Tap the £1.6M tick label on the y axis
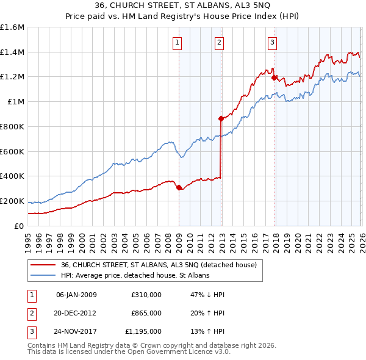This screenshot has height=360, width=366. tap(12, 27)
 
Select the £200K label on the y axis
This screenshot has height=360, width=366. tap(12, 201)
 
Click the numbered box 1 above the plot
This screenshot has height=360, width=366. tap(178, 42)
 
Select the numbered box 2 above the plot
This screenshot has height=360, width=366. tap(219, 42)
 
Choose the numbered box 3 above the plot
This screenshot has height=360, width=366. tap(271, 42)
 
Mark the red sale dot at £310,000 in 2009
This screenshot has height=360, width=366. tap(179, 188)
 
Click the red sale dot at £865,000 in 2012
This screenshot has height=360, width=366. tap(221, 119)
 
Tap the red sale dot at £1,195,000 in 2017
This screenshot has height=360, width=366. tap(274, 78)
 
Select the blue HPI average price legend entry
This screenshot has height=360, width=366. tap(134, 276)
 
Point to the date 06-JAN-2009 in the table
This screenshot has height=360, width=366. tap(76, 295)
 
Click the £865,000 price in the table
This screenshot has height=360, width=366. tap(146, 313)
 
